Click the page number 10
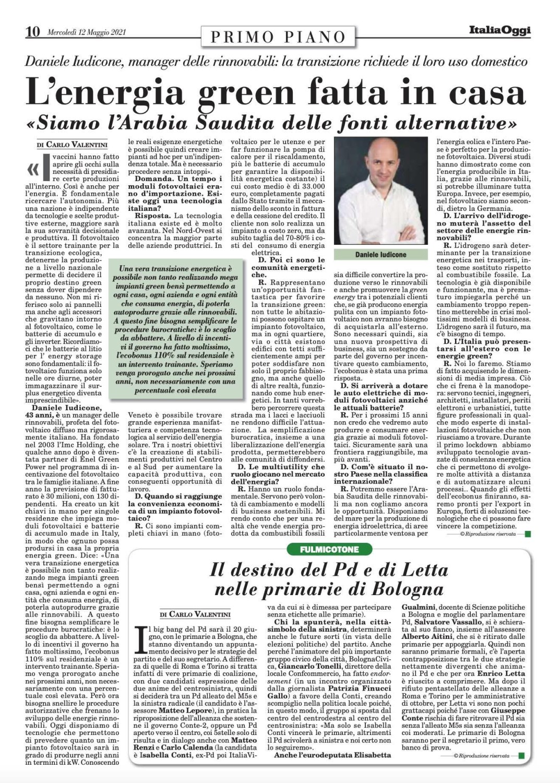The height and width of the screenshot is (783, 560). pos(32,32)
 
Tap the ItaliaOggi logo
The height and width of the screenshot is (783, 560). pos(498,30)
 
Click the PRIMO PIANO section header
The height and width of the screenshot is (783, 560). pos(279,37)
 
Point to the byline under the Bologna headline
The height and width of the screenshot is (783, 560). pos(195,614)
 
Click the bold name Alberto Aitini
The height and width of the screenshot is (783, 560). pos(427,636)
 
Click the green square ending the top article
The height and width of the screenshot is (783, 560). pos(527,534)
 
